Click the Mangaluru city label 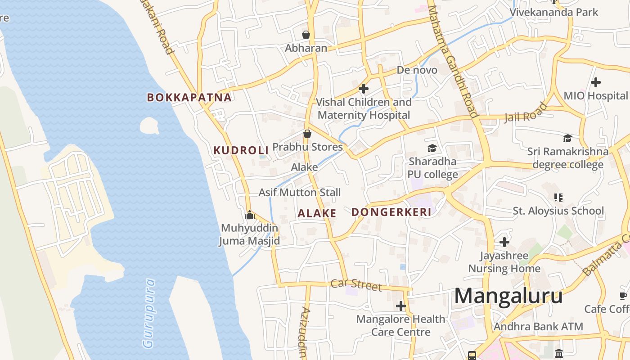pyautogui.click(x=508, y=297)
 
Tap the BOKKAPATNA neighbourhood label pyautogui.click(x=189, y=97)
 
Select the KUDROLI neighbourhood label pyautogui.click(x=241, y=150)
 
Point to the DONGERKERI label pyautogui.click(x=391, y=212)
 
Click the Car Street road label pyautogui.click(x=356, y=284)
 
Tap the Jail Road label pyautogui.click(x=526, y=112)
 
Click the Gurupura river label pyautogui.click(x=148, y=314)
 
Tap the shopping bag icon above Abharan pyautogui.click(x=306, y=35)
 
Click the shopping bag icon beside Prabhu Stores pyautogui.click(x=307, y=134)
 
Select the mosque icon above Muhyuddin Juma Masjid pyautogui.click(x=250, y=215)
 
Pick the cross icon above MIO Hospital pyautogui.click(x=596, y=82)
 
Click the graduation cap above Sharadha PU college pyautogui.click(x=432, y=148)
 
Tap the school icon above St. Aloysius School pyautogui.click(x=558, y=197)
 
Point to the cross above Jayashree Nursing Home pyautogui.click(x=504, y=242)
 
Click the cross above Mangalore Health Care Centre pyautogui.click(x=400, y=306)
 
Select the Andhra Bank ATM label pyautogui.click(x=538, y=326)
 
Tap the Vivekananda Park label pyautogui.click(x=553, y=12)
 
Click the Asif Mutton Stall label pyautogui.click(x=300, y=193)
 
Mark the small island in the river pyautogui.click(x=149, y=126)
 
